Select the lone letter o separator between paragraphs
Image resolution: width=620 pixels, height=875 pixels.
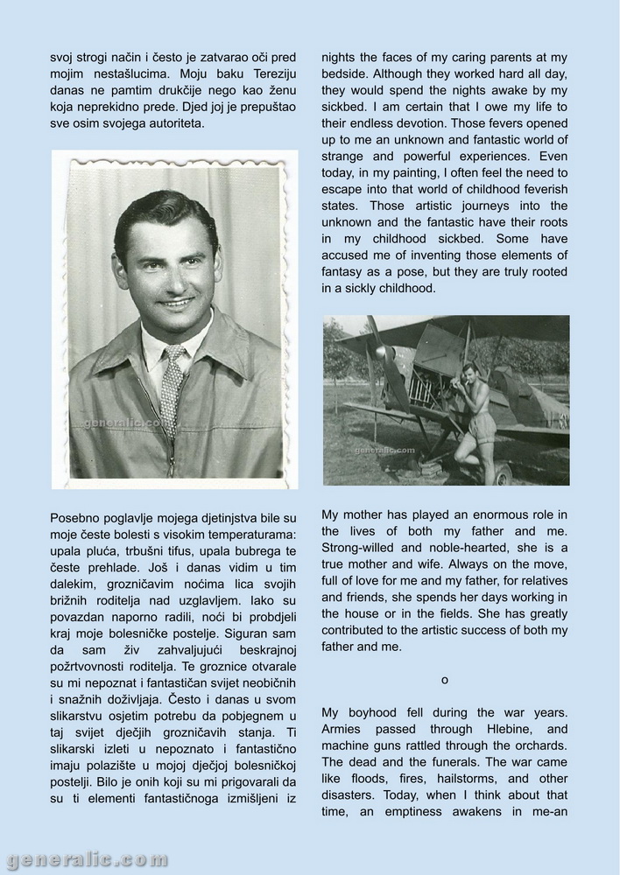(x=444, y=679)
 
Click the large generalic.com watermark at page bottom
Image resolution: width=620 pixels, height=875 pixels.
(x=85, y=859)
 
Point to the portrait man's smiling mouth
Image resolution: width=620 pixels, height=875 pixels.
(x=176, y=303)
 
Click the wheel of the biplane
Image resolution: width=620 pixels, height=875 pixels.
(x=502, y=473)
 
